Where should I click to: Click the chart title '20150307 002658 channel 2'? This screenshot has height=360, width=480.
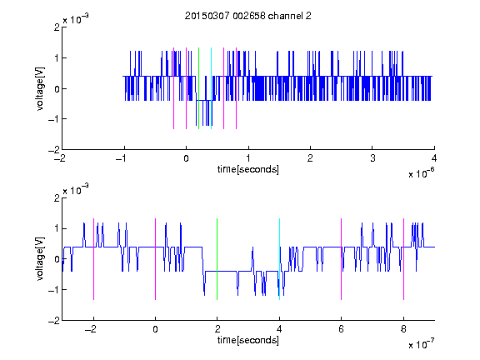pos(248,16)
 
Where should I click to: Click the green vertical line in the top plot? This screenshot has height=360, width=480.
pos(198,88)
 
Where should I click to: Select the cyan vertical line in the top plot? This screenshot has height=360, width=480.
pos(211,88)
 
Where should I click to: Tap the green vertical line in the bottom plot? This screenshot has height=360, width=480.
pos(217,259)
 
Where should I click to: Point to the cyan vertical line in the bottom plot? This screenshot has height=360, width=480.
pos(279,259)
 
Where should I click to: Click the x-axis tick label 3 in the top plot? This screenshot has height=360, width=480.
pos(372,158)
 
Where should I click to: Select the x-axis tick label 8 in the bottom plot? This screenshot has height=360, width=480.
pos(403,329)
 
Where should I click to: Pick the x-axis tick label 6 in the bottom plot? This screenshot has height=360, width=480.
pos(342,329)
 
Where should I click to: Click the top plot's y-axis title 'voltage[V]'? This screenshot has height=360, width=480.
pos(40,88)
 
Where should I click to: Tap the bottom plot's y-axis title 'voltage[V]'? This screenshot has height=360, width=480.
pos(40,258)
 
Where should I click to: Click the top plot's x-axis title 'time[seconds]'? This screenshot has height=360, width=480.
pos(248,169)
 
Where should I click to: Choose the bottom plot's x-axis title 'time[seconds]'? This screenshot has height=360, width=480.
pos(248,340)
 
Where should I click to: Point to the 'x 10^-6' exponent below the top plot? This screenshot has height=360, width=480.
pos(421,173)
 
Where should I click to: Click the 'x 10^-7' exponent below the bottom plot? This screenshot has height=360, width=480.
pos(421,344)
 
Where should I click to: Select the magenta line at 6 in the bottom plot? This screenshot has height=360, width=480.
pos(342,259)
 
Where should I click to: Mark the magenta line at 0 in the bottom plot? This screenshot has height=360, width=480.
pos(156,259)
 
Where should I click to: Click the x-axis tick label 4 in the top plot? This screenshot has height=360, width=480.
pos(434,158)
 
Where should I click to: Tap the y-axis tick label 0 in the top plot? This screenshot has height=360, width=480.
pos(57,89)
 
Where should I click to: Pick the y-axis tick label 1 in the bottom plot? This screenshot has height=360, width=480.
pos(57,228)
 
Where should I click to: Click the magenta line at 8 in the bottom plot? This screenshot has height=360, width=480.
pos(404,259)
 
